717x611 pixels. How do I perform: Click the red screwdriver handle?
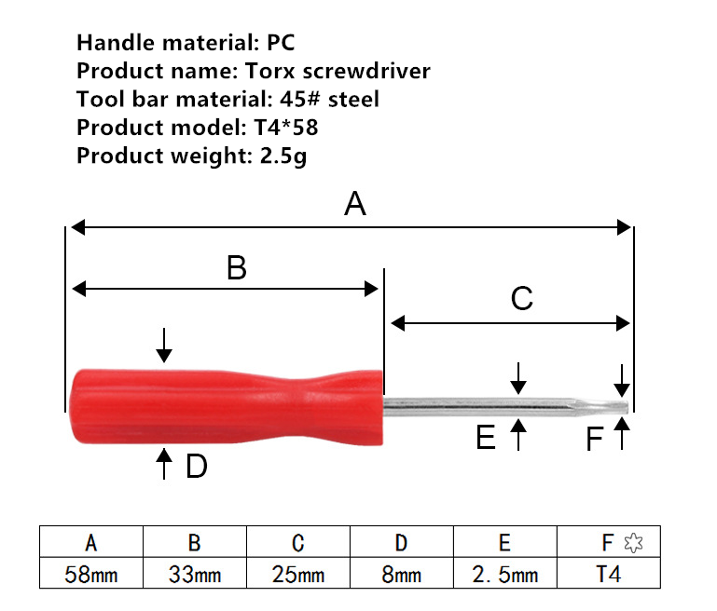pos(226,406)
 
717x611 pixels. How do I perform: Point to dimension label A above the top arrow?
pos(355,204)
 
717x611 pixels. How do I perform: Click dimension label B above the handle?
pos(237,267)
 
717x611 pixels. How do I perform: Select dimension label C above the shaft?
pos(522,298)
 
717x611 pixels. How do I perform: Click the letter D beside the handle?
pos(197,467)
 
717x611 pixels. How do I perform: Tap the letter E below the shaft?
pos(486,437)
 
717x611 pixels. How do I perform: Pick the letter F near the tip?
pos(595,440)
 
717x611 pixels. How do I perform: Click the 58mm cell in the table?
pos(91,574)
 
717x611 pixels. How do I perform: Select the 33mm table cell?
pos(195,574)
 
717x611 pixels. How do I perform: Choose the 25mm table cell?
pos(298,574)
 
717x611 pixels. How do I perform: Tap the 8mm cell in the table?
pos(402,574)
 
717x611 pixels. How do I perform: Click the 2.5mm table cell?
pos(505,574)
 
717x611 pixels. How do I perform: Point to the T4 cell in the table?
pos(609,574)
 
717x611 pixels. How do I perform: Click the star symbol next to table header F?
pos(633,543)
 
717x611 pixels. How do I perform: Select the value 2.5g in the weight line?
pos(283,156)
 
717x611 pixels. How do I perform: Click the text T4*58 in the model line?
pos(286,128)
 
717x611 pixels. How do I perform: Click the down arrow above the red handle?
pos(164,346)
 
